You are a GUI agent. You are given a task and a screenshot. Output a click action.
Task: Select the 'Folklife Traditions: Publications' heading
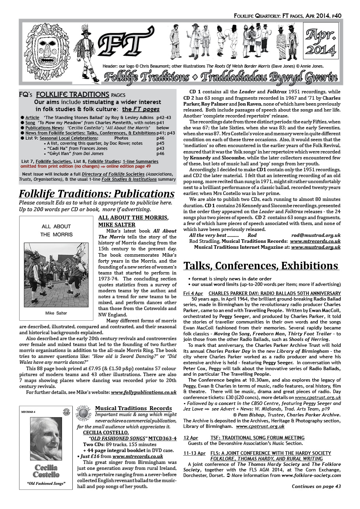click(x=97, y=194)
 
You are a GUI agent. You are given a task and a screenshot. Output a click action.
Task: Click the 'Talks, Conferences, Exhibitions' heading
click(x=261, y=265)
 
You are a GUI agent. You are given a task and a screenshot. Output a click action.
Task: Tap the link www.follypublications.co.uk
click(x=144, y=392)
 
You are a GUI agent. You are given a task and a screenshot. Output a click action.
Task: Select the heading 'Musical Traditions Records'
click(x=133, y=408)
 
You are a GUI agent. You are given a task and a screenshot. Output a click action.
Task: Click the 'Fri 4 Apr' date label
click(x=193, y=293)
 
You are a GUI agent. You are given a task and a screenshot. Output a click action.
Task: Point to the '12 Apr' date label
click(x=191, y=437)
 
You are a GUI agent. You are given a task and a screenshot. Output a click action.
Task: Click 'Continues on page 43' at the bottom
click(x=316, y=486)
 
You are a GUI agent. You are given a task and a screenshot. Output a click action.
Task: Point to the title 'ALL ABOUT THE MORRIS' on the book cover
click(x=56, y=230)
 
